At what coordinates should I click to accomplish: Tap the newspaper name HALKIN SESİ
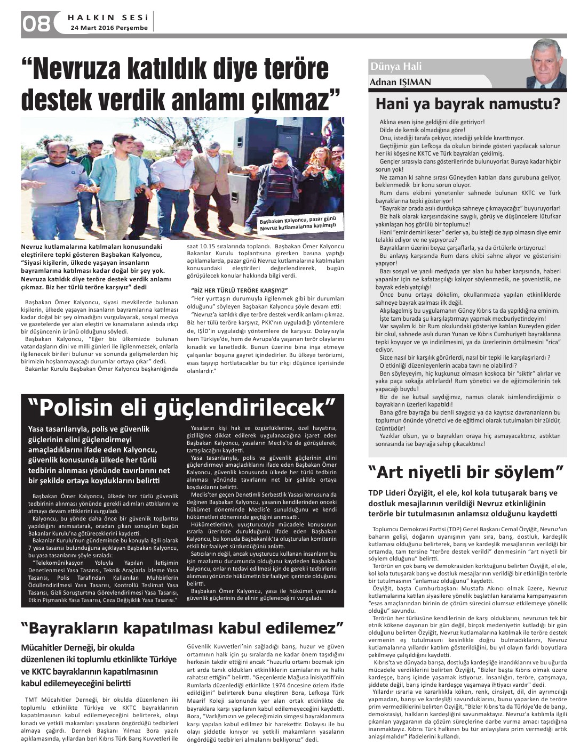click(x=107, y=17)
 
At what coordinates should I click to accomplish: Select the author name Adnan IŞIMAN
click(x=400, y=82)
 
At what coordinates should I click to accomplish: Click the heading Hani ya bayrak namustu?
click(x=468, y=104)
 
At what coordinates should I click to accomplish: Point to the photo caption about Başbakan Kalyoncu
click(x=298, y=224)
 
